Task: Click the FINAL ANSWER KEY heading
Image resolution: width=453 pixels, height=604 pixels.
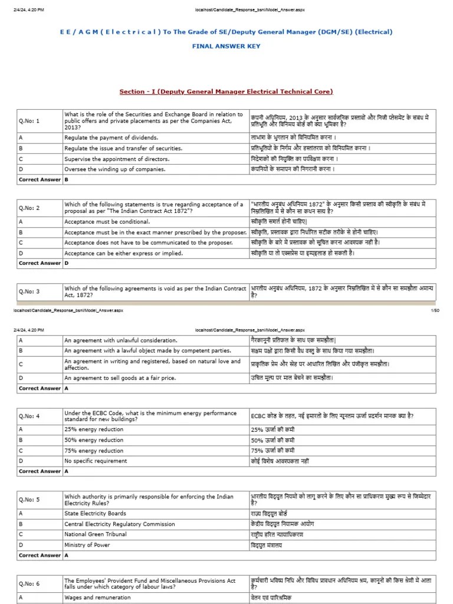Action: [226, 45]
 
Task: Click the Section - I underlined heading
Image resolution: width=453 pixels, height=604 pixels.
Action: [226, 91]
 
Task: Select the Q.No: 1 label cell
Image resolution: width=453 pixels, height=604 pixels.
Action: [29, 121]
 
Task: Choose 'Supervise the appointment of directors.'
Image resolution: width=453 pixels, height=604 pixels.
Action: [117, 159]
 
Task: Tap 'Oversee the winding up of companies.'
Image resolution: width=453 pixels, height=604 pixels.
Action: [114, 169]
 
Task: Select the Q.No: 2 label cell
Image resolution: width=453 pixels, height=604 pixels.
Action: [29, 208]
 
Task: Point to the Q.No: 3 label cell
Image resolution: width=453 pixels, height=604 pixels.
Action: [29, 291]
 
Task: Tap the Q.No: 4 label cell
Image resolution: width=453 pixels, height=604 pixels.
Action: [29, 416]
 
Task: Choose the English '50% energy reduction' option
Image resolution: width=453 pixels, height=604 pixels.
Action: [94, 440]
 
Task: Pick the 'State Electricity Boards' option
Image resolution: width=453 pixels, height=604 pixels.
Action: [96, 513]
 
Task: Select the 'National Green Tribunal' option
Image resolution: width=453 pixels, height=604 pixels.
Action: [96, 534]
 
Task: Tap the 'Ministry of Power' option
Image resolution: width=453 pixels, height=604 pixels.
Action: [87, 545]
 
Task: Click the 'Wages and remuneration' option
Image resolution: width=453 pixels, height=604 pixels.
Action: [95, 598]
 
